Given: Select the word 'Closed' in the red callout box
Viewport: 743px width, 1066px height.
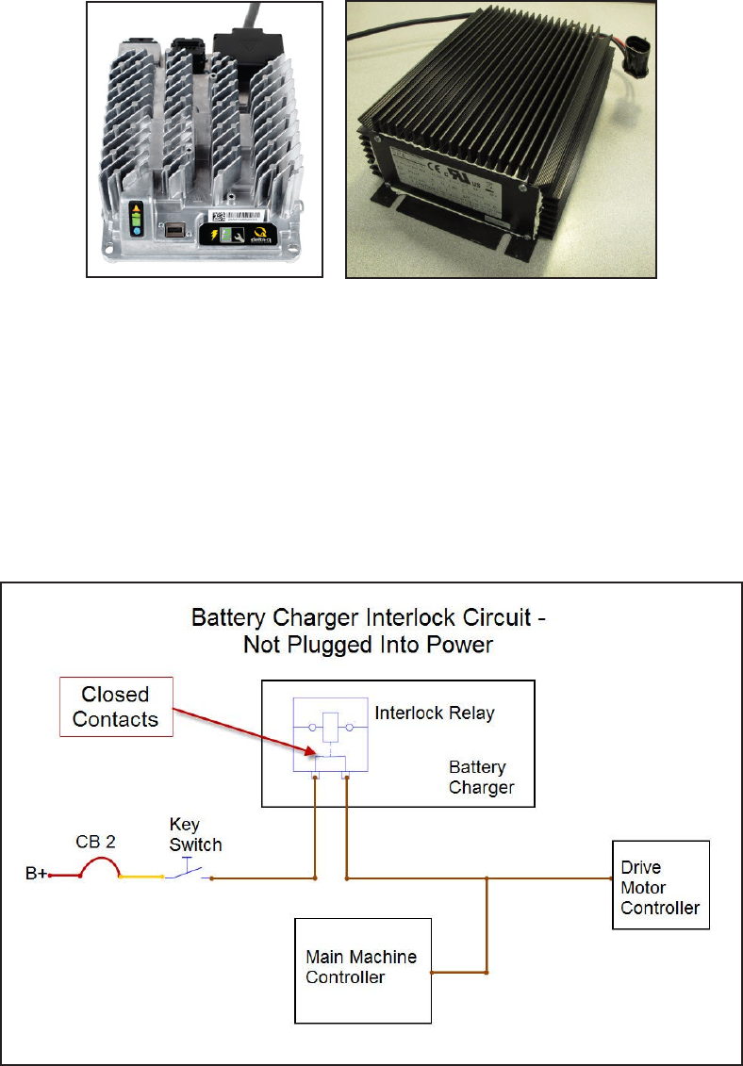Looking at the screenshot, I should point(115,695).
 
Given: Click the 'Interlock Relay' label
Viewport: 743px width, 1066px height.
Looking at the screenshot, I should point(435,713).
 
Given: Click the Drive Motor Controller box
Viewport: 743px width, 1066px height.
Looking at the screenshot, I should point(660,885).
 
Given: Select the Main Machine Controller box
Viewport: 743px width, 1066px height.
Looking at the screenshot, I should point(363,970).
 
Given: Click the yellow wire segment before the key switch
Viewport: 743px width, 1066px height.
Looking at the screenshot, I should point(142,877).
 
